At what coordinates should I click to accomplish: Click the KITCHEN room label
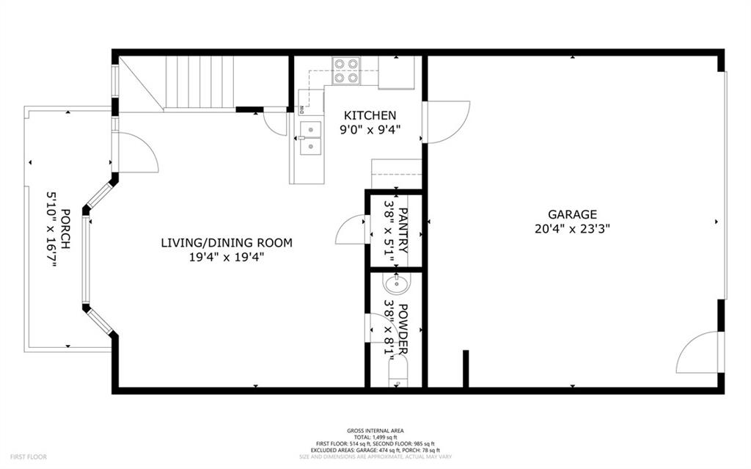coord(370,115)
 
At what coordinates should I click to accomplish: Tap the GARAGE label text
coord(572,214)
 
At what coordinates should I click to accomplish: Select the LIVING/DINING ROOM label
coord(227,242)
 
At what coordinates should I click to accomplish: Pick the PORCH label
coord(65,229)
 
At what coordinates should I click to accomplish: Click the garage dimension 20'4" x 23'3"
coord(572,228)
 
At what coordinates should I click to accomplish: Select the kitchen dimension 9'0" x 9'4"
coord(370,130)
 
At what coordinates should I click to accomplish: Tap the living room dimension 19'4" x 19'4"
coord(227,257)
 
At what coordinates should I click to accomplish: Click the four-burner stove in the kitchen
coord(346,70)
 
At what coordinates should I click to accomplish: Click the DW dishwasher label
coord(301,110)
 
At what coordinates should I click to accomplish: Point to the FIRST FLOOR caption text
coord(29,457)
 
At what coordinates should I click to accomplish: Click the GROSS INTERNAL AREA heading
coord(375,431)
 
